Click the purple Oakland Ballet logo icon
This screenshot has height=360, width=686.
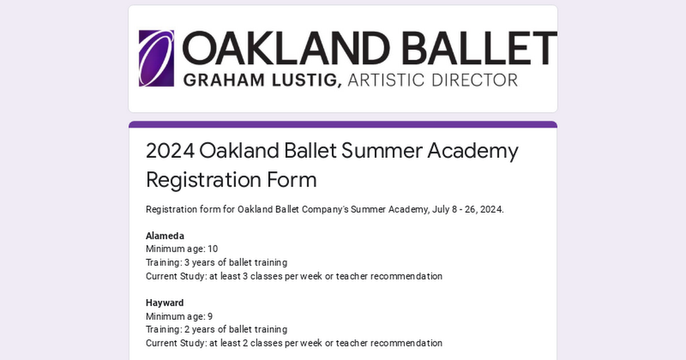click(x=157, y=58)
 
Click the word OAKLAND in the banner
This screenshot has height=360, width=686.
click(x=286, y=48)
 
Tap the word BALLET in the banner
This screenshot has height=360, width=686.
click(x=479, y=48)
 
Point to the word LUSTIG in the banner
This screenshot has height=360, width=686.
click(x=306, y=80)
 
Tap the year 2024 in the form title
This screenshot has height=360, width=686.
click(x=170, y=151)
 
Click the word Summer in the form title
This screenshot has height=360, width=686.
click(x=382, y=151)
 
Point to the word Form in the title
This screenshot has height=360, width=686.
click(x=292, y=179)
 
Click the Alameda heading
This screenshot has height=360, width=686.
click(x=165, y=236)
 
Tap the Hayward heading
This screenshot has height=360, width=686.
click(x=165, y=303)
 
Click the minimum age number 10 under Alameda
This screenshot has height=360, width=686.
click(x=213, y=249)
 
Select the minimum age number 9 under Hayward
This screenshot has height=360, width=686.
click(x=210, y=316)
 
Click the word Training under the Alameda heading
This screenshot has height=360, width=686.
click(x=164, y=263)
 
